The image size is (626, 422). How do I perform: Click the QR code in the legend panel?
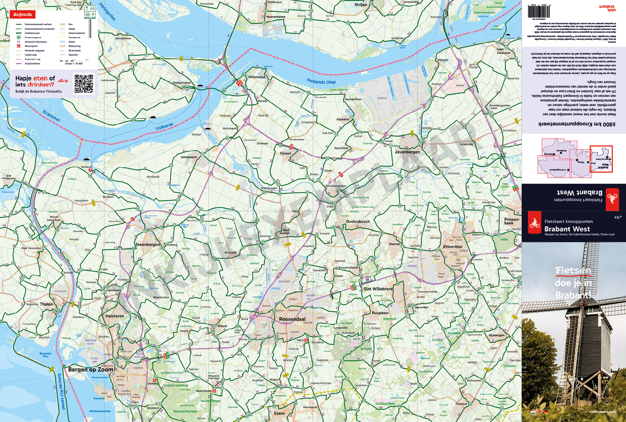pyautogui.click(x=84, y=84)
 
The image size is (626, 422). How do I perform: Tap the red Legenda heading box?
pyautogui.click(x=23, y=15)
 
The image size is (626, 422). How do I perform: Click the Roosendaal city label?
pyautogui.click(x=292, y=319)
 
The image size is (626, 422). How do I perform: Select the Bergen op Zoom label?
pyautogui.click(x=91, y=370)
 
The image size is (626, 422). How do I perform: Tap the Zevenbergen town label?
pyautogui.click(x=407, y=152)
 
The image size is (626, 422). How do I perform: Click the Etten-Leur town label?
pyautogui.click(x=453, y=247)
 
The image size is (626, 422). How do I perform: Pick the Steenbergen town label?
pyautogui.click(x=148, y=244)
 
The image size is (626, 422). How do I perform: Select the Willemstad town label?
pyautogui.click(x=257, y=77)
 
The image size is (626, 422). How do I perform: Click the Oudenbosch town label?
pyautogui.click(x=358, y=221)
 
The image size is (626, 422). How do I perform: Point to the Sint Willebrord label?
pyautogui.click(x=378, y=289)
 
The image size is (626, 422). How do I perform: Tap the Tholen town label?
pyautogui.click(x=46, y=304)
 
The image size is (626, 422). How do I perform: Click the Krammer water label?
pyautogui.click(x=52, y=116)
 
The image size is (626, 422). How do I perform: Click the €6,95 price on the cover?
pyautogui.click(x=618, y=218)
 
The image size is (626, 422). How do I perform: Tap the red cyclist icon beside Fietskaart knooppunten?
pyautogui.click(x=534, y=223)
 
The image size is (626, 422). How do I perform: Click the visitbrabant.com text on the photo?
pyautogui.click(x=602, y=412)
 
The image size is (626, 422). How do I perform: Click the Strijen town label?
pyautogui.click(x=361, y=5)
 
